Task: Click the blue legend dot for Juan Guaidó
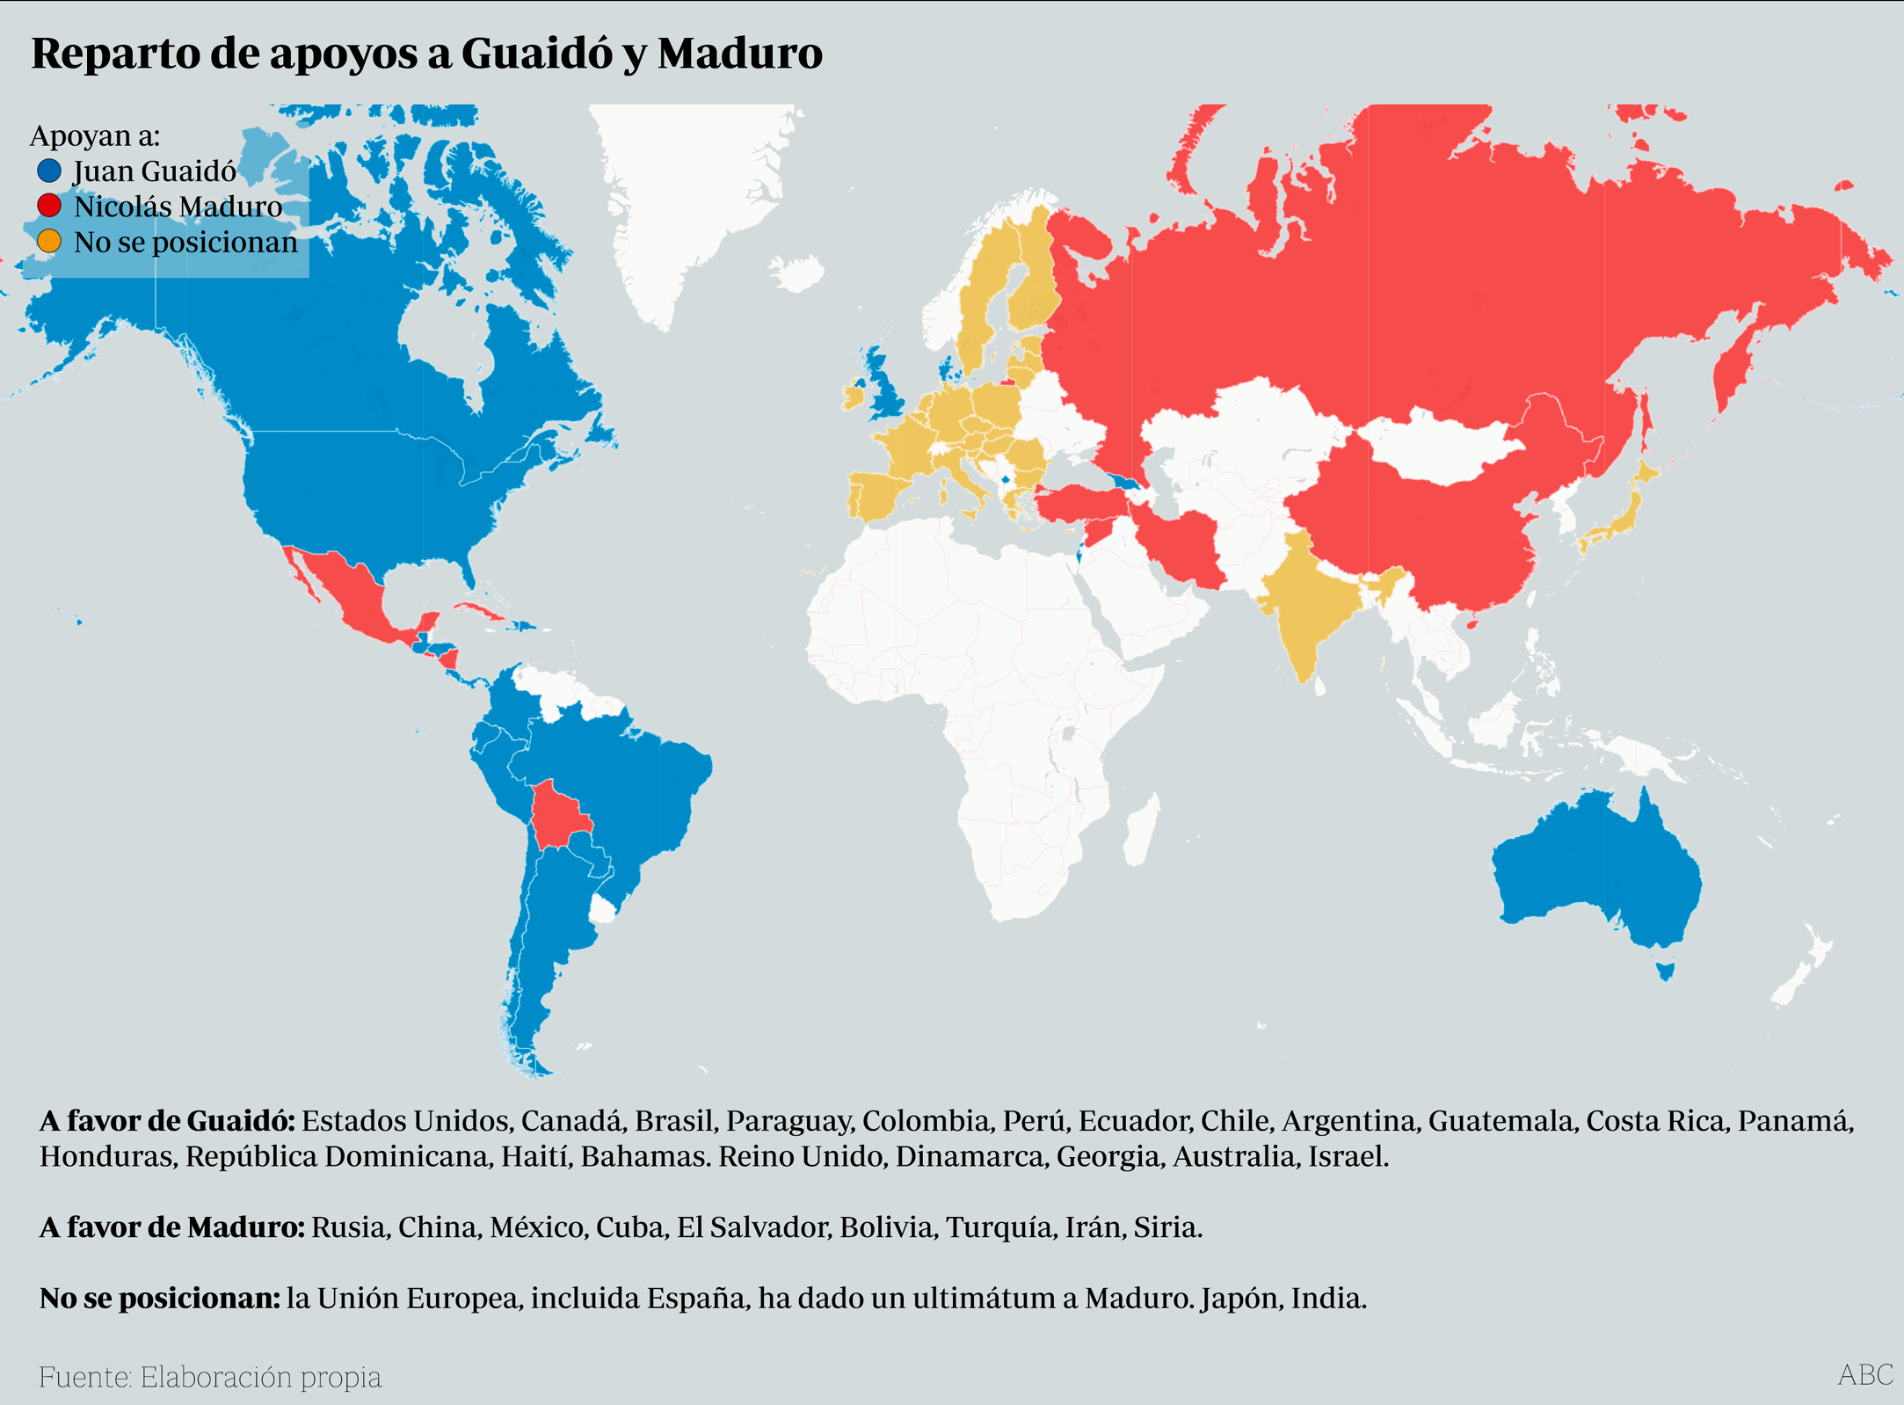49,171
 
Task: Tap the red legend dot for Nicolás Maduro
49,206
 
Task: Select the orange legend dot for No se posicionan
49,241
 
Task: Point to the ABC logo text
1865,1374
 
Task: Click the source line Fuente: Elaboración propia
210,1377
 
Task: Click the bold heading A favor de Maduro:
172,1227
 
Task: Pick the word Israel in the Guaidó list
1347,1156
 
